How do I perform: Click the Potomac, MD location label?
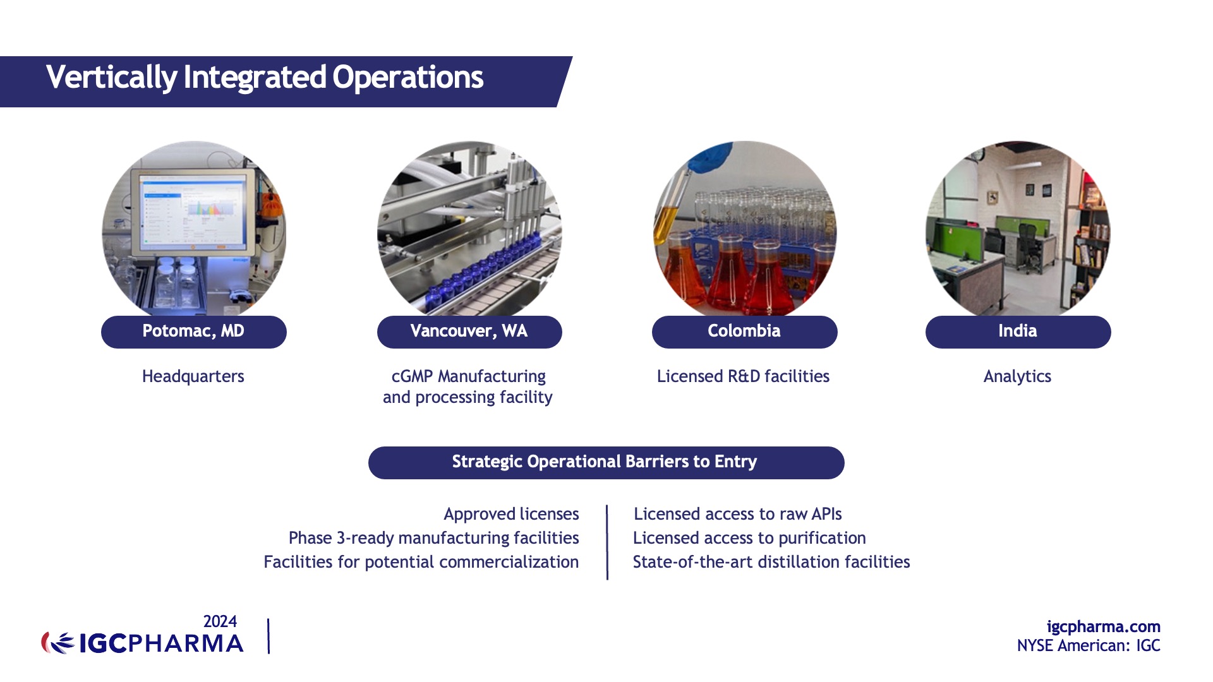coord(193,332)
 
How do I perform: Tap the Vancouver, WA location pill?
coord(469,332)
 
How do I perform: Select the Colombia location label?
coord(744,332)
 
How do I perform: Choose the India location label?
coord(1018,332)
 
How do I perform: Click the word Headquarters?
coord(193,376)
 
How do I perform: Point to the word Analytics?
coord(1017,376)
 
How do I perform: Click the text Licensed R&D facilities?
coord(743,376)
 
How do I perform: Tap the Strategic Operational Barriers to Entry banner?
coord(606,462)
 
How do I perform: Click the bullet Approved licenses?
coord(511,514)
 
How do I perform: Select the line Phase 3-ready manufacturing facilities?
coord(433,538)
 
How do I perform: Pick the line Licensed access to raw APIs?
coord(737,514)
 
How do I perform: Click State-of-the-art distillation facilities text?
coord(771,562)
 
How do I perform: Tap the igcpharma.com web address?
coord(1103,626)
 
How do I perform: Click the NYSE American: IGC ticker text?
coord(1089,645)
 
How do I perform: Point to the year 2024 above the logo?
coord(220,621)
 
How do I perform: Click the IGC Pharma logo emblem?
coord(58,643)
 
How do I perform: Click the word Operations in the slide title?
coord(407,78)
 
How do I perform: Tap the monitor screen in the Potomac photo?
coord(193,212)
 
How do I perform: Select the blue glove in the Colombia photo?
coord(711,158)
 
